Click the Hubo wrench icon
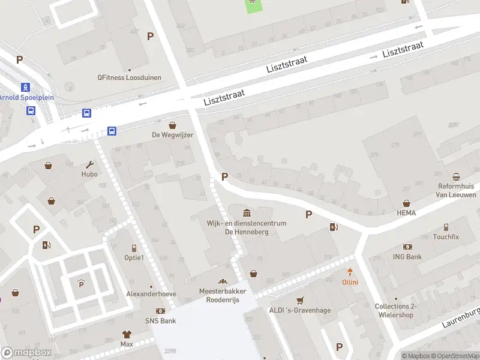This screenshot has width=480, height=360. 90,164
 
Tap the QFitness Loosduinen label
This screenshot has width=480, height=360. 129,77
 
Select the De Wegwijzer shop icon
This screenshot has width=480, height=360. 173,125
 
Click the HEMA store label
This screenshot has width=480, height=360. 406,213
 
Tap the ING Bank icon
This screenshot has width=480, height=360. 408,247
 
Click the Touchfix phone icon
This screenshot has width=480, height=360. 446,227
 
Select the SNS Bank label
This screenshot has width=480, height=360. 160,321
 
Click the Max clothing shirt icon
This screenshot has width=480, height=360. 127,335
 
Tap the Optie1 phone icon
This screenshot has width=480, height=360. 134,248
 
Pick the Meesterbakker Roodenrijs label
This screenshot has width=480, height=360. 223,295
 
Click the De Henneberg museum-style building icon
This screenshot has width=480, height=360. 247,213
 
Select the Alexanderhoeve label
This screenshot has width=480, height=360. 151,294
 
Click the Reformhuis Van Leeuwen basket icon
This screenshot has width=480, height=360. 457,176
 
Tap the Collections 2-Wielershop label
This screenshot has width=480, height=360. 396,310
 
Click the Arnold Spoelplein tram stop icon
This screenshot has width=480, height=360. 25,87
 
